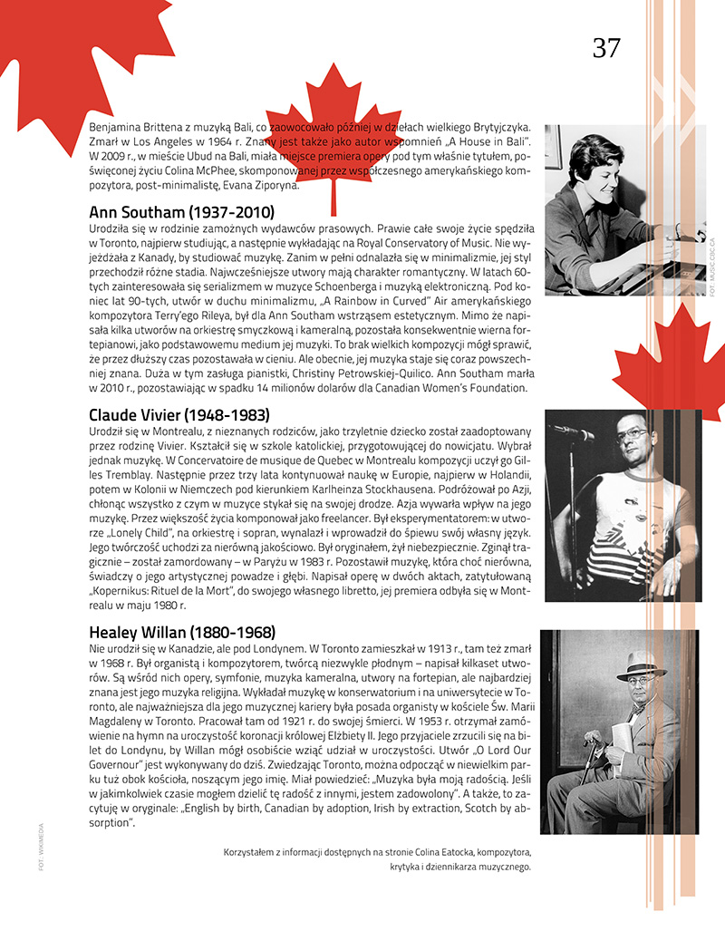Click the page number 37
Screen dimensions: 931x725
click(606, 48)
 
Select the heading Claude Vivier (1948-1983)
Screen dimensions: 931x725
click(179, 414)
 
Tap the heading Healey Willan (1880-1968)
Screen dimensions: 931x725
click(182, 632)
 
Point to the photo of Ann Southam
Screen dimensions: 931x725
click(625, 209)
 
